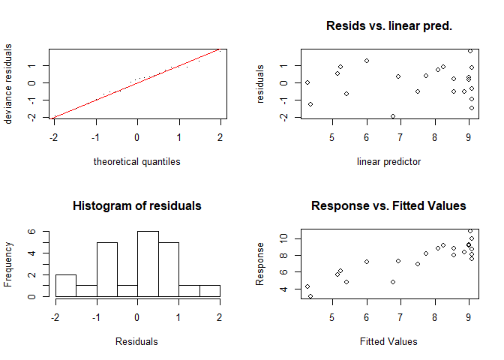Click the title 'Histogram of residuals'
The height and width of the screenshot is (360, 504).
coord(137,205)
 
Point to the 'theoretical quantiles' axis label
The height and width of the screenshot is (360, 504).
coord(137,161)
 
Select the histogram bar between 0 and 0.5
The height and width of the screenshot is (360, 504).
coord(148,263)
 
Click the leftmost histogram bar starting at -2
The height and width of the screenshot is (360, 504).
coord(65,285)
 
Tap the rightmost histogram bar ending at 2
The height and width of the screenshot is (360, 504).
coord(208,290)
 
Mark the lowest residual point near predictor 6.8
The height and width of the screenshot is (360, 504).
coord(393,116)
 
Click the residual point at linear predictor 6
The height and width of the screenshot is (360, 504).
coord(367,61)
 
